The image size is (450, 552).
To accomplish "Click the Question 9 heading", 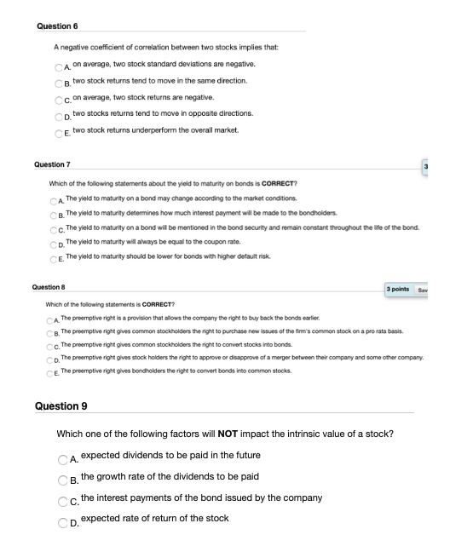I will coord(61,405).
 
